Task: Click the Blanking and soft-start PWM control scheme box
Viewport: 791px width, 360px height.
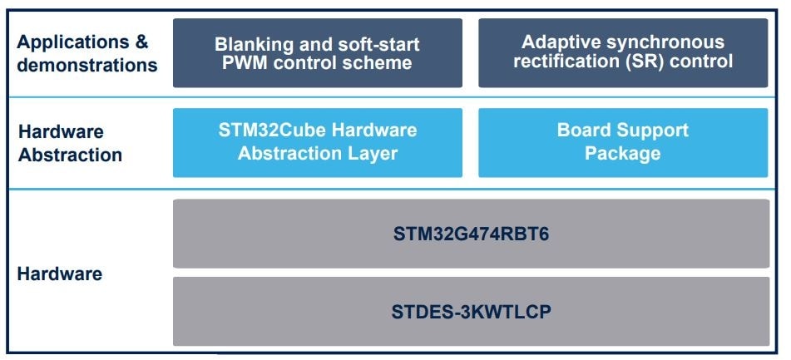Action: tap(317, 52)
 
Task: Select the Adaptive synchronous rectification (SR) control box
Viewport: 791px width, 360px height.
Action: tap(623, 52)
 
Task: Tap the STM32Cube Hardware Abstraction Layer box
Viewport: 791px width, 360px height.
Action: tap(317, 142)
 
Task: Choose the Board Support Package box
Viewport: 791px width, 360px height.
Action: tap(623, 142)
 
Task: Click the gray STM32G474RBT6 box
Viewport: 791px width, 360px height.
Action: tap(471, 234)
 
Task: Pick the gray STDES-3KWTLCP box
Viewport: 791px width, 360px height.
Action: tap(471, 312)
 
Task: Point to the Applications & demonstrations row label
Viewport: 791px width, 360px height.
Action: tap(87, 53)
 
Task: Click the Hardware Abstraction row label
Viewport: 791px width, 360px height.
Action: tap(70, 143)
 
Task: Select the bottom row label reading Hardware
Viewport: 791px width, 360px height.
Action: tap(60, 274)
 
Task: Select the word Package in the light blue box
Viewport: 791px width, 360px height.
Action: tap(622, 154)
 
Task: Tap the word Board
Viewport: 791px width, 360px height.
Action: tap(582, 131)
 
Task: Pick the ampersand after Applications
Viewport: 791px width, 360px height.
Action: tap(141, 42)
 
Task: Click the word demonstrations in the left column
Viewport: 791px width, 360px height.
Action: tap(87, 65)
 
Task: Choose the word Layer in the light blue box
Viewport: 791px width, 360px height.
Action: tap(372, 154)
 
